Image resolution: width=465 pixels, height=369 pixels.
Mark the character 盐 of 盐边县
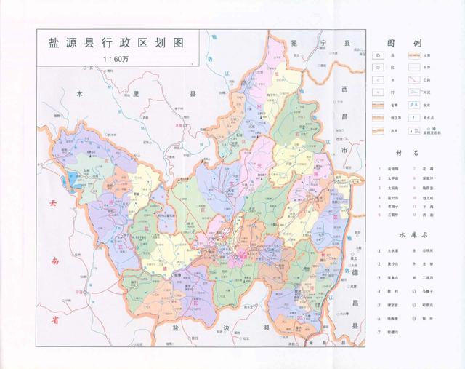[x=174, y=329]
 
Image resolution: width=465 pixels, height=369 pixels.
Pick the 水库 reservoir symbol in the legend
[x=413, y=105]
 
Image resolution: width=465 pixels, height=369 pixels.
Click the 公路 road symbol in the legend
[x=413, y=79]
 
